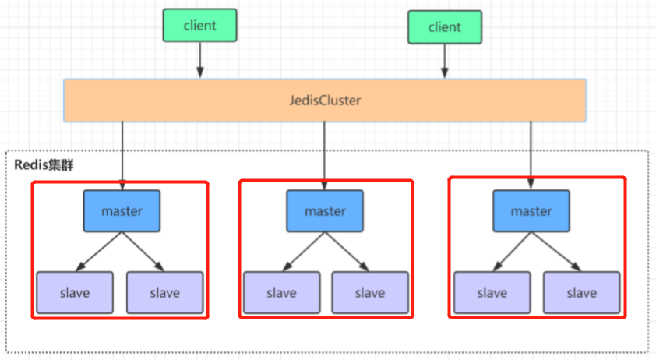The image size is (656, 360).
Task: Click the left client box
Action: (x=200, y=26)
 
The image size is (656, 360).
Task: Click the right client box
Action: (x=445, y=27)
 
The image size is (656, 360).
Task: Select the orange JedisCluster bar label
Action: (x=325, y=101)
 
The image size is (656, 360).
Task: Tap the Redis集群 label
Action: (x=44, y=165)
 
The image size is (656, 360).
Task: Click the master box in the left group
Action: (x=122, y=211)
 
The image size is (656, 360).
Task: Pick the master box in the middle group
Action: (x=325, y=211)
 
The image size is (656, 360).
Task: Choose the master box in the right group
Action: (x=531, y=211)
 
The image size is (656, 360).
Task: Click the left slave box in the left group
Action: (x=75, y=293)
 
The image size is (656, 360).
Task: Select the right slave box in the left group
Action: (x=165, y=293)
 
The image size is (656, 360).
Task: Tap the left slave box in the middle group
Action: (x=282, y=293)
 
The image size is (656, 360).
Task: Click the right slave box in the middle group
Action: (x=370, y=293)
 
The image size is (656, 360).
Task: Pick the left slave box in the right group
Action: (x=492, y=293)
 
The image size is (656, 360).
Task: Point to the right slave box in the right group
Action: (x=582, y=293)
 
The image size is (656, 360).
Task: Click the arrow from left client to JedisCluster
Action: (x=200, y=60)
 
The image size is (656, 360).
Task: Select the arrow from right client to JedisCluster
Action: (x=445, y=61)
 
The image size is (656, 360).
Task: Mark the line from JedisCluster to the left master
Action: (x=122, y=156)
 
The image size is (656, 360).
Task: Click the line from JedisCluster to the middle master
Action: (x=325, y=156)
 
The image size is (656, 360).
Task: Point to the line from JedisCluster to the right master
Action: (x=531, y=156)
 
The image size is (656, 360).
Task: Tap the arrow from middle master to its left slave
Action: (x=304, y=252)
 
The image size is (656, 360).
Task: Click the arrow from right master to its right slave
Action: (x=556, y=252)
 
